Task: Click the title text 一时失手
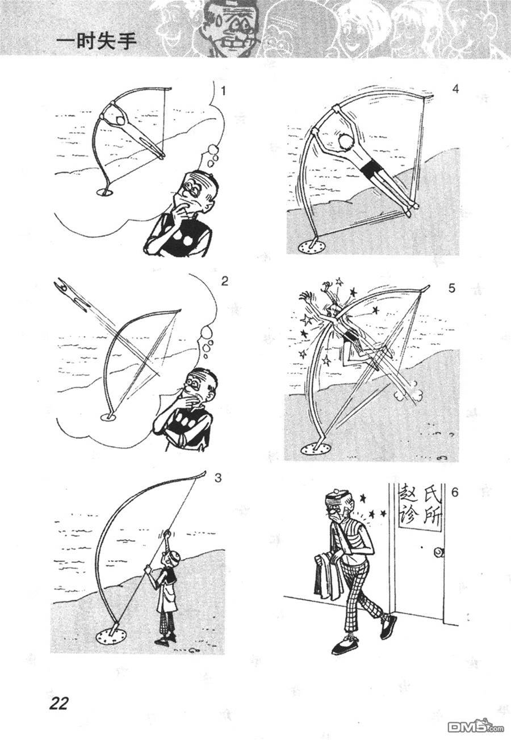point(97,42)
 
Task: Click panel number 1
point(224,90)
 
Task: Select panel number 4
point(455,89)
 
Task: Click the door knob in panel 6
point(439,552)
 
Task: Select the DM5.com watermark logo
point(476,727)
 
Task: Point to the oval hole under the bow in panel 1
point(105,192)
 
